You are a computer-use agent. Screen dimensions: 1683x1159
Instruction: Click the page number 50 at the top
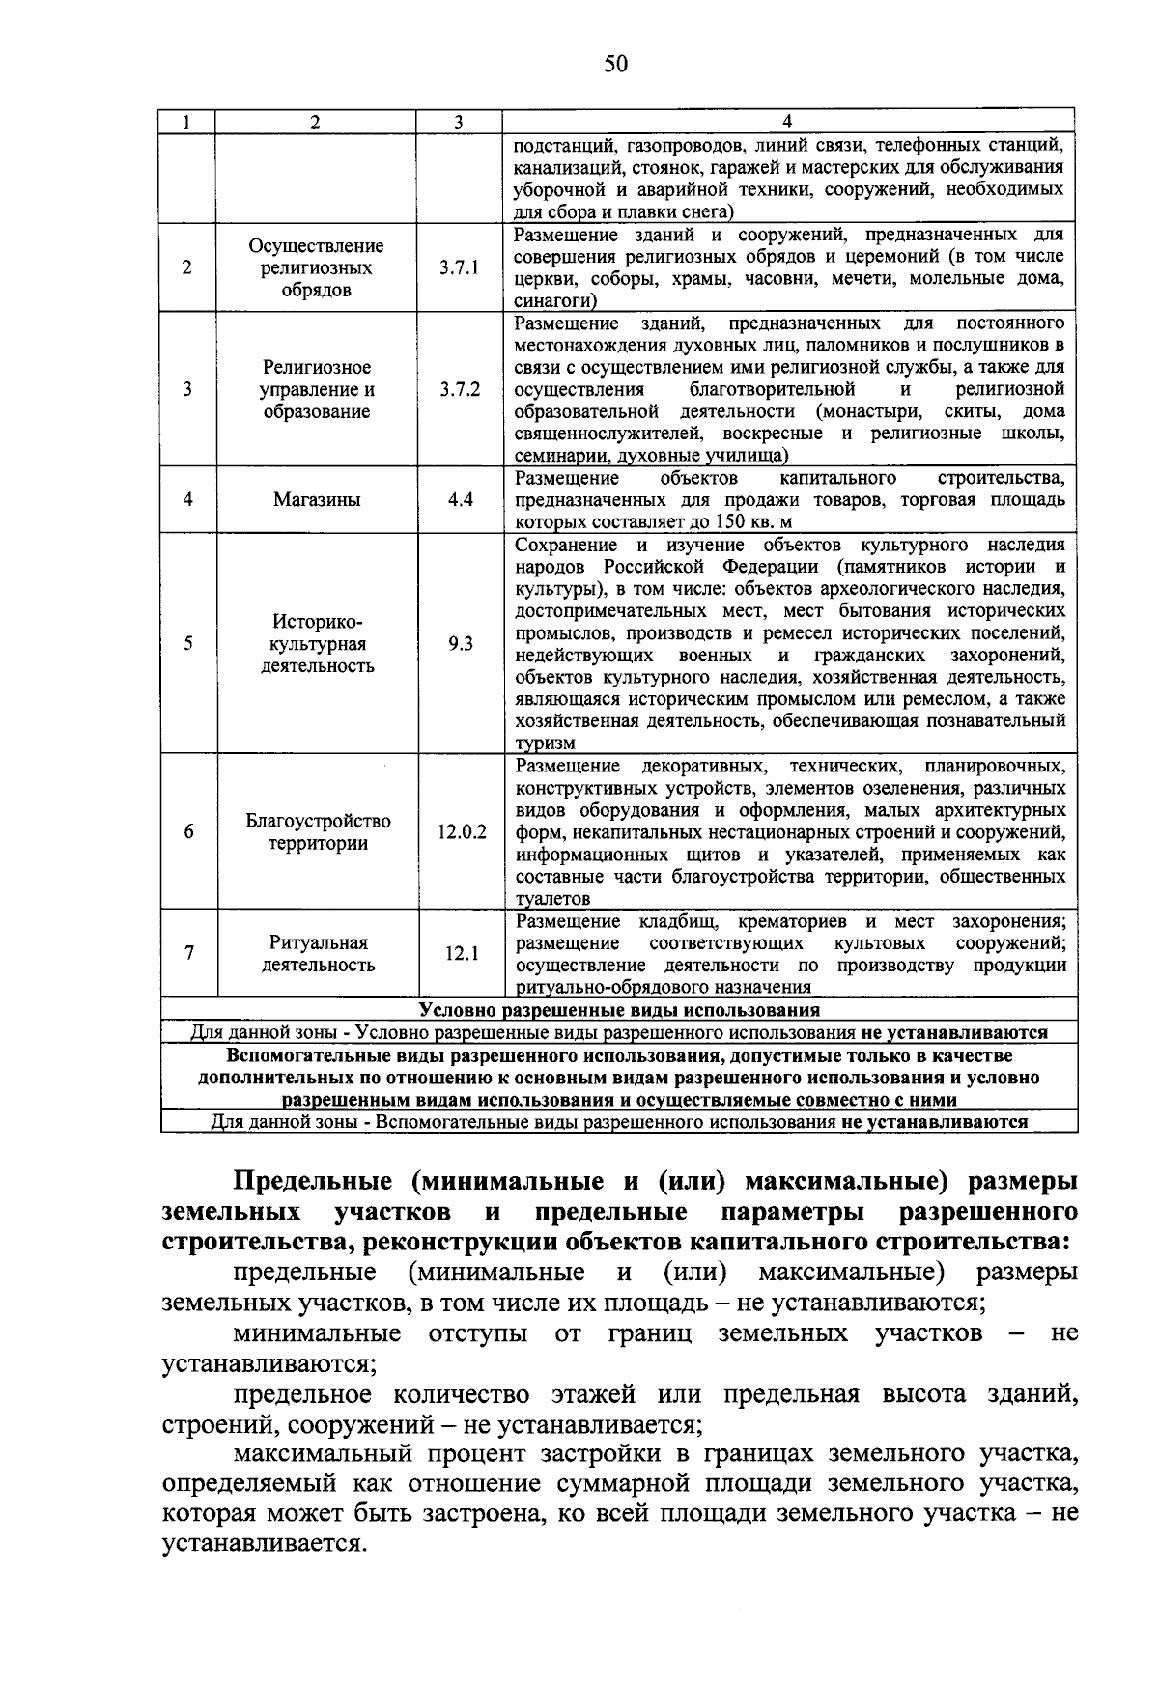[x=615, y=65]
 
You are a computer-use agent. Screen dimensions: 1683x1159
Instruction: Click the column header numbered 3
[x=459, y=122]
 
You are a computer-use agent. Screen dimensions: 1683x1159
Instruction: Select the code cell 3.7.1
[x=459, y=267]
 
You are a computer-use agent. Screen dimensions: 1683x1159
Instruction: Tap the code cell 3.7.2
[x=459, y=390]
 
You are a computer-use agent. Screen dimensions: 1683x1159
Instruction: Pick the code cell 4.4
[x=460, y=500]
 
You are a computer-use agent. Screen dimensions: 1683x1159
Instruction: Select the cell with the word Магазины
[x=317, y=500]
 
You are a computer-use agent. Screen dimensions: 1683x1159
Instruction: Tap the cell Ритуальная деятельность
[x=318, y=953]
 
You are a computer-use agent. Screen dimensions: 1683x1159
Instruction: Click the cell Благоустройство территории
[x=318, y=831]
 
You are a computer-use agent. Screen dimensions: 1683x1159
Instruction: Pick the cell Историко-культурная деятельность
[x=318, y=643]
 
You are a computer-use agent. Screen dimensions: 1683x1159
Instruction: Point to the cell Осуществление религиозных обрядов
[x=317, y=267]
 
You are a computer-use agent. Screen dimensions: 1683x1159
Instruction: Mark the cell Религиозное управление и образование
[x=317, y=390]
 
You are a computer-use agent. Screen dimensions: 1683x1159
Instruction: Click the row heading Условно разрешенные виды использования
[x=619, y=1010]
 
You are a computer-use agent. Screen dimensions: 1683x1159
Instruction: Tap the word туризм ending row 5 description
[x=545, y=743]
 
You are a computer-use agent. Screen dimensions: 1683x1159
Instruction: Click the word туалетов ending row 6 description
[x=552, y=899]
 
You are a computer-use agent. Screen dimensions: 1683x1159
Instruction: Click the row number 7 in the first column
[x=189, y=953]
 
